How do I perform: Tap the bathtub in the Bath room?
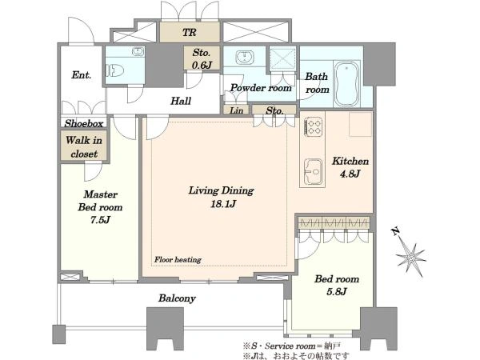click(x=347, y=84)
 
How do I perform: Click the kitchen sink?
click(x=313, y=172)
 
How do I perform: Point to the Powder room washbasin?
click(x=245, y=58)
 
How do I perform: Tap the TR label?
click(x=189, y=33)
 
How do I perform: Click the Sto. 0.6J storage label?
click(x=202, y=58)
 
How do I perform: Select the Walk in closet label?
click(x=84, y=147)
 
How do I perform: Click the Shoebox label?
click(x=84, y=123)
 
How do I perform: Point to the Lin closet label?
click(x=236, y=110)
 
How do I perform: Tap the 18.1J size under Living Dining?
click(x=223, y=204)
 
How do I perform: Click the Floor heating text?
click(x=178, y=260)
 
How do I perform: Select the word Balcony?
click(x=177, y=298)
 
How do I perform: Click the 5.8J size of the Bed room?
click(x=337, y=291)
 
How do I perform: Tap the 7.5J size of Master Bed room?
click(x=100, y=220)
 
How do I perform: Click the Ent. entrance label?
click(x=81, y=75)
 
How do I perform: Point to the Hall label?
click(x=181, y=101)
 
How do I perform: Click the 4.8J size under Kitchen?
click(x=350, y=174)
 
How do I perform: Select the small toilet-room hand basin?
click(x=138, y=51)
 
